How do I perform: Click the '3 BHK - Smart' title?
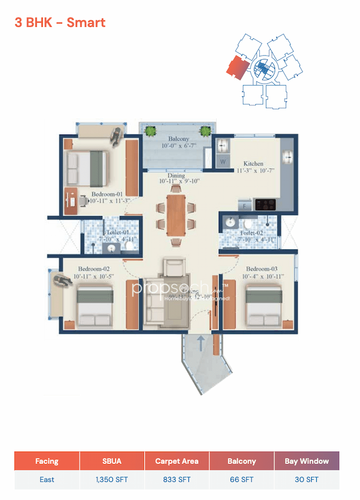click(x=60, y=23)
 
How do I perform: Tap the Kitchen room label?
click(x=253, y=164)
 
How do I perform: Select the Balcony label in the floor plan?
click(x=178, y=139)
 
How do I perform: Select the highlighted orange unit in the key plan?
click(x=237, y=68)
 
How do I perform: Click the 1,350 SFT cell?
click(x=112, y=480)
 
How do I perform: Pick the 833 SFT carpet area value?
click(x=177, y=480)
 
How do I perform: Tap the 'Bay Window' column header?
click(x=307, y=461)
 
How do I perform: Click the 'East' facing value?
click(x=47, y=480)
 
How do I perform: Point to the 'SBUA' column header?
click(x=112, y=461)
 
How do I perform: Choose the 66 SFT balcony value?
click(x=241, y=480)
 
